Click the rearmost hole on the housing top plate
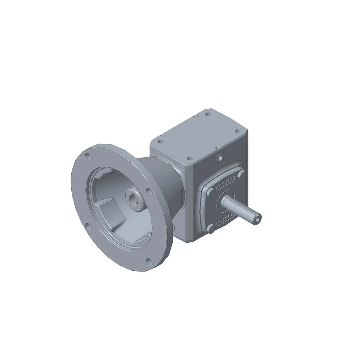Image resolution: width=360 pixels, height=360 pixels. pyautogui.click(x=208, y=114)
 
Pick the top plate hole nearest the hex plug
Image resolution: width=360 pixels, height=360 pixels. pyautogui.click(x=187, y=158)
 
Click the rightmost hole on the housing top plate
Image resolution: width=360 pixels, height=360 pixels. pyautogui.click(x=236, y=132)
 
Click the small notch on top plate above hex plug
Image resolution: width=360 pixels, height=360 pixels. pyautogui.click(x=218, y=148)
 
